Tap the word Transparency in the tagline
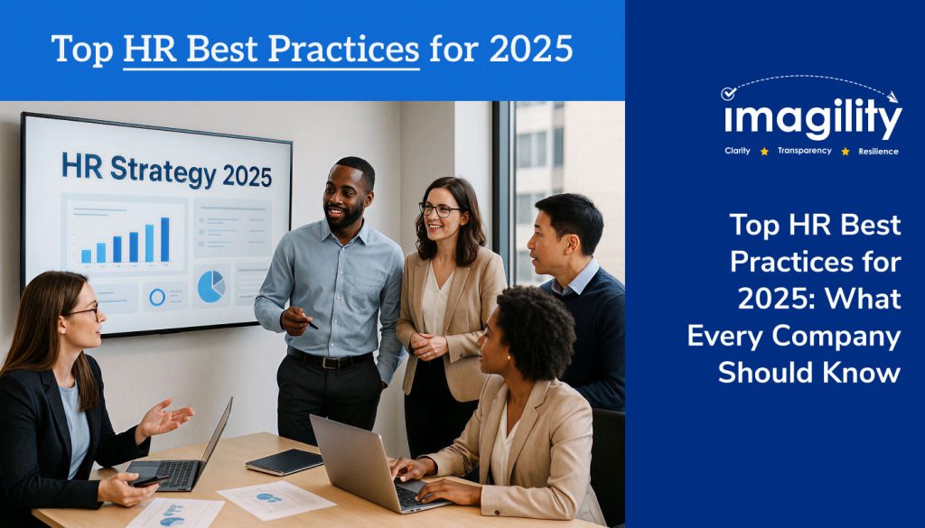pyautogui.click(x=804, y=151)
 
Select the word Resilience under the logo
pyautogui.click(x=878, y=152)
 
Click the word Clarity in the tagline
pyautogui.click(x=737, y=151)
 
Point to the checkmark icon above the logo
pyautogui.click(x=729, y=93)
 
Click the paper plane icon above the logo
pyautogui.click(x=892, y=97)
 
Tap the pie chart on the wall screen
pyautogui.click(x=210, y=286)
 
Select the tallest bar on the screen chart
pyautogui.click(x=164, y=239)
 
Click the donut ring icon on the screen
pyautogui.click(x=157, y=298)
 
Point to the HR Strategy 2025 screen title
pyautogui.click(x=167, y=171)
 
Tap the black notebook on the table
pyautogui.click(x=285, y=461)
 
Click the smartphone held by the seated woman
pyautogui.click(x=149, y=481)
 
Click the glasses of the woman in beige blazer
pyautogui.click(x=440, y=209)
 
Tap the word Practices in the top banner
pyautogui.click(x=344, y=49)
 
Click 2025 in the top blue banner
pyautogui.click(x=531, y=49)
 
